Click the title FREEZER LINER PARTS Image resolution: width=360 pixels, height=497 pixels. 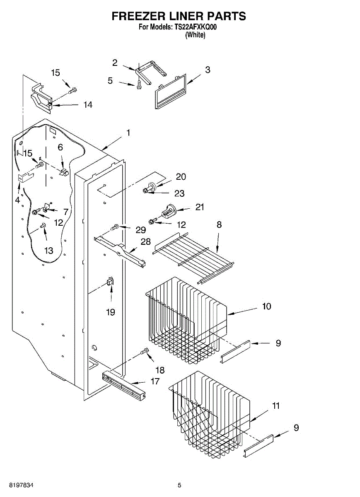(179, 16)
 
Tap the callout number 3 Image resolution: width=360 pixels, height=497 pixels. (208, 70)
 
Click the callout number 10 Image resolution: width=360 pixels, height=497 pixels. (267, 306)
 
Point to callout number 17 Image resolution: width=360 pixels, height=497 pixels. (155, 381)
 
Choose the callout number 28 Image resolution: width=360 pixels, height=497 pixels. (145, 241)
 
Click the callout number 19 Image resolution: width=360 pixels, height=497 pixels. (111, 312)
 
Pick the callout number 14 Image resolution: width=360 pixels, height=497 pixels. (87, 105)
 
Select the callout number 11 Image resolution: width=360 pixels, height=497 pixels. (275, 406)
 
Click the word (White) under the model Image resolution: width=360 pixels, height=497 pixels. (195, 35)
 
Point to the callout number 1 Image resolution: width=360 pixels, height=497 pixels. (128, 133)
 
